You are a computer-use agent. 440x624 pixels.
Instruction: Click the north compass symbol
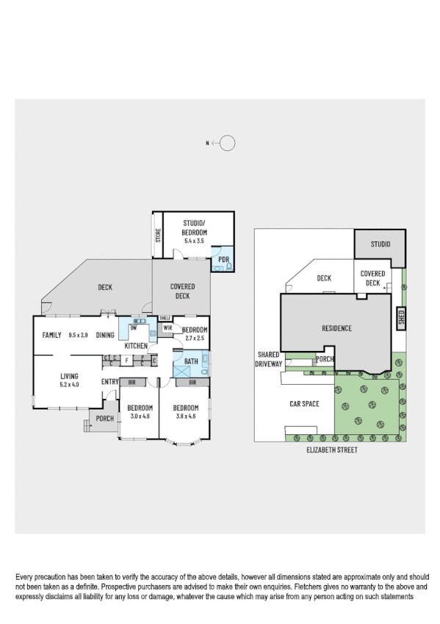point(227,143)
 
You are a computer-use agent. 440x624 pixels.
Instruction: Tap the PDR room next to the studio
point(223,260)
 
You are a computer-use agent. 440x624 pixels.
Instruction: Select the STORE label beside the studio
point(158,235)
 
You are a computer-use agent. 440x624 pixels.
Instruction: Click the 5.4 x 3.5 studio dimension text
point(195,241)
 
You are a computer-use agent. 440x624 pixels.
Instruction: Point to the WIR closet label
point(167,327)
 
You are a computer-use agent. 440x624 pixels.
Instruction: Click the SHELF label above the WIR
point(165,318)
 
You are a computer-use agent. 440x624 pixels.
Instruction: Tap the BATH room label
point(191,361)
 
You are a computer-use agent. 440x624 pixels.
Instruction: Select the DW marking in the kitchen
point(134,327)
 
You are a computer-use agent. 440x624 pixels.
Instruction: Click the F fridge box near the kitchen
point(126,360)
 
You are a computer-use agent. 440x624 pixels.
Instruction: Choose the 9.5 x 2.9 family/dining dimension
point(79,335)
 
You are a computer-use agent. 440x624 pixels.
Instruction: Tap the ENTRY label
point(110,381)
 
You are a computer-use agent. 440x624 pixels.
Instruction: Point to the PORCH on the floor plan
point(105,419)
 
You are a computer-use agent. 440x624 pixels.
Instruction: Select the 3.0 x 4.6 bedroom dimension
point(139,416)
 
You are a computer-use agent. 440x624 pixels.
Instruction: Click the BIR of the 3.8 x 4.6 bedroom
point(192,383)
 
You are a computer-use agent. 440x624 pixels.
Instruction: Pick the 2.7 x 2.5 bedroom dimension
point(195,338)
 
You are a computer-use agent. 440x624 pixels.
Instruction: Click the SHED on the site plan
point(401,317)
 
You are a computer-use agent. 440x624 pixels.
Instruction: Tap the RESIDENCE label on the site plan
point(336,328)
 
